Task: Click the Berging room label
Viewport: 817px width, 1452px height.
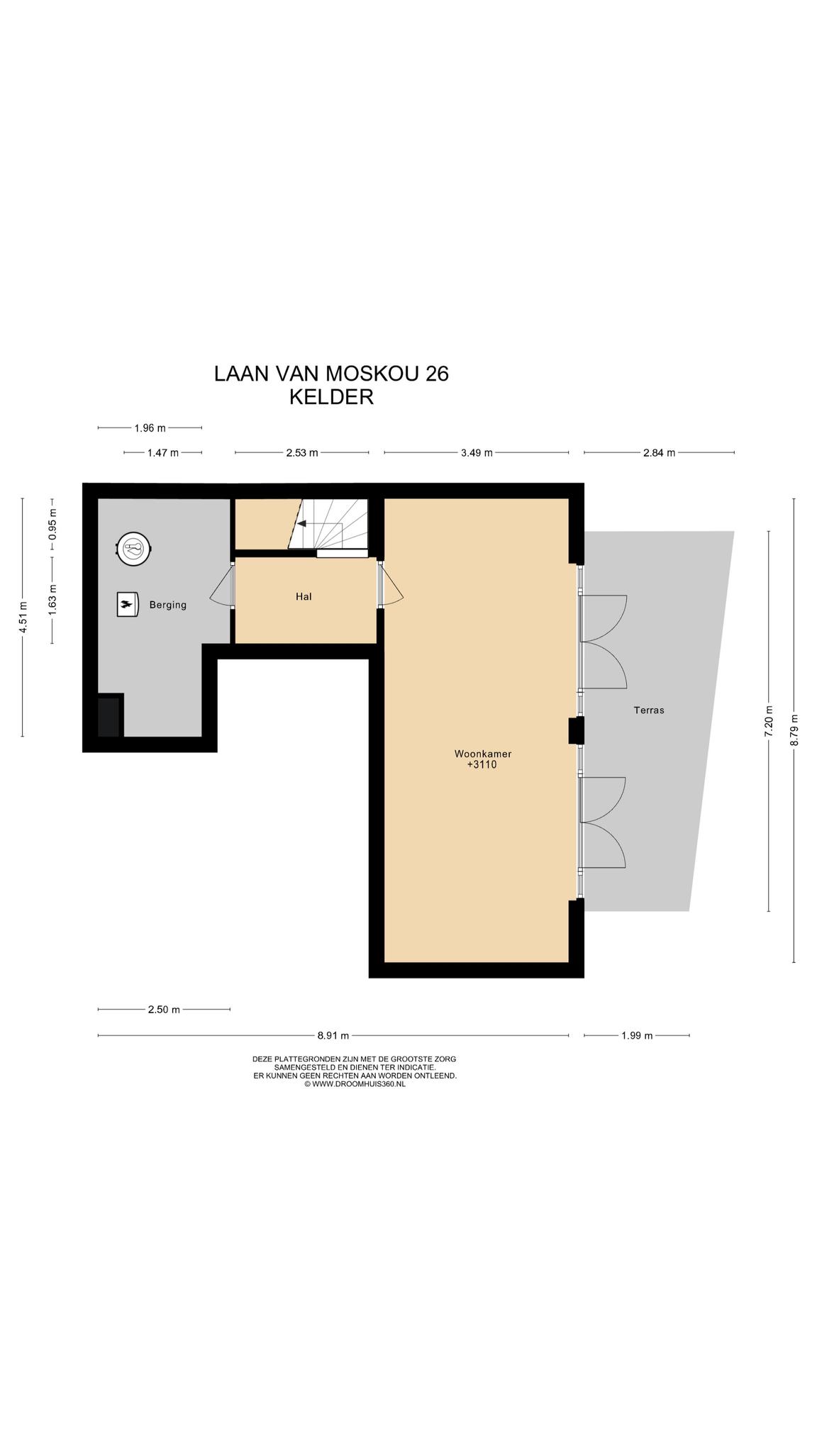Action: click(167, 605)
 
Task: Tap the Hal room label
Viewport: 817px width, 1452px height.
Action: click(304, 596)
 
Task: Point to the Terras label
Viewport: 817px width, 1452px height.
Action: click(649, 710)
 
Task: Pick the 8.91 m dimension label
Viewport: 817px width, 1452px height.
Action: click(333, 1035)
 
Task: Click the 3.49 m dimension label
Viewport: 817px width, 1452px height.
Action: click(477, 452)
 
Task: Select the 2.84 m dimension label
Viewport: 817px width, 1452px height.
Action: click(659, 452)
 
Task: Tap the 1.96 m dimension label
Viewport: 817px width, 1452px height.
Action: click(150, 428)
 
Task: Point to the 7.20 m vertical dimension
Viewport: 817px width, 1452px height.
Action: click(768, 721)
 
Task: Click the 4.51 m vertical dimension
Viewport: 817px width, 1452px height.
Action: click(23, 617)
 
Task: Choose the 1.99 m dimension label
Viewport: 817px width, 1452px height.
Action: click(637, 1035)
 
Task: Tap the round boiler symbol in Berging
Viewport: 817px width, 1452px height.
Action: click(134, 548)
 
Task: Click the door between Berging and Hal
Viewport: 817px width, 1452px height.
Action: click(222, 585)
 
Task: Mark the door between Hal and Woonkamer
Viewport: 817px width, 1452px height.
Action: click(391, 585)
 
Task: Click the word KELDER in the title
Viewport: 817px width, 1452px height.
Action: click(331, 397)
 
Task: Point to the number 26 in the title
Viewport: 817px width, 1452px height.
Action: click(437, 374)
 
